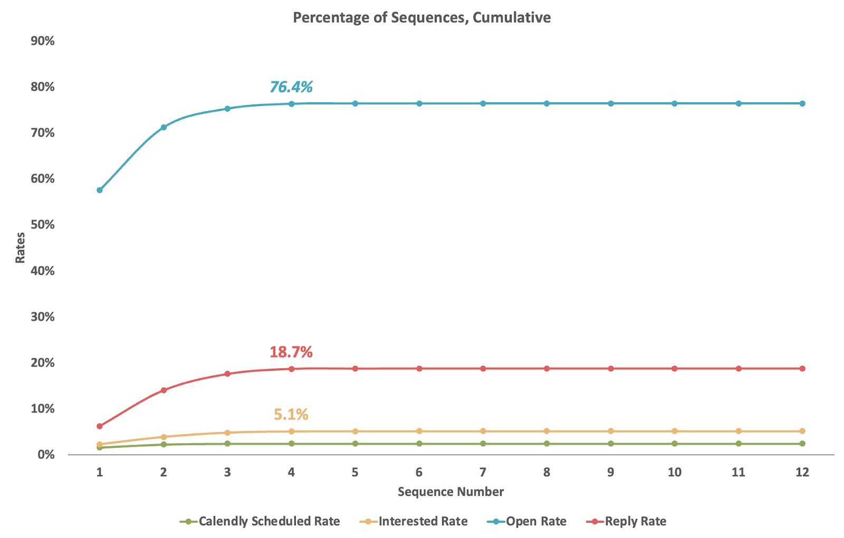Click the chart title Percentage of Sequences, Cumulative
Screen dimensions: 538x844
(421, 17)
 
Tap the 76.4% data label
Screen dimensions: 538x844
(291, 87)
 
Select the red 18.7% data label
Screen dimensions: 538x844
(291, 351)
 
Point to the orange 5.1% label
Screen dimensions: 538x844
(291, 415)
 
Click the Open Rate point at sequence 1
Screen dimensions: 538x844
(100, 190)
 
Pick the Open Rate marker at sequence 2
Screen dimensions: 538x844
(164, 127)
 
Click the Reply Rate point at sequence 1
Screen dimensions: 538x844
(100, 426)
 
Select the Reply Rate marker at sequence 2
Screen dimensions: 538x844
(164, 390)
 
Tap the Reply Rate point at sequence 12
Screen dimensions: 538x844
(802, 368)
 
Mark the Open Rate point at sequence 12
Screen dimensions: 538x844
(802, 103)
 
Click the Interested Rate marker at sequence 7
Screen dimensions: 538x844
(483, 431)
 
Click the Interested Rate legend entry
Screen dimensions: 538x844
(414, 522)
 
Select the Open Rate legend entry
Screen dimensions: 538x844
(527, 522)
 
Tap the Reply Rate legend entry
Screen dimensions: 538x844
(627, 522)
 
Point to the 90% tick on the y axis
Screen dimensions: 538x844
(43, 41)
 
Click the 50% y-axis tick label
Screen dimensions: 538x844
(43, 225)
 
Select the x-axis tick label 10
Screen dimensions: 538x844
(674, 472)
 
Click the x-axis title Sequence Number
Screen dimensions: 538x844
(450, 492)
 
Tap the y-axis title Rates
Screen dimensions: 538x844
(20, 247)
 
